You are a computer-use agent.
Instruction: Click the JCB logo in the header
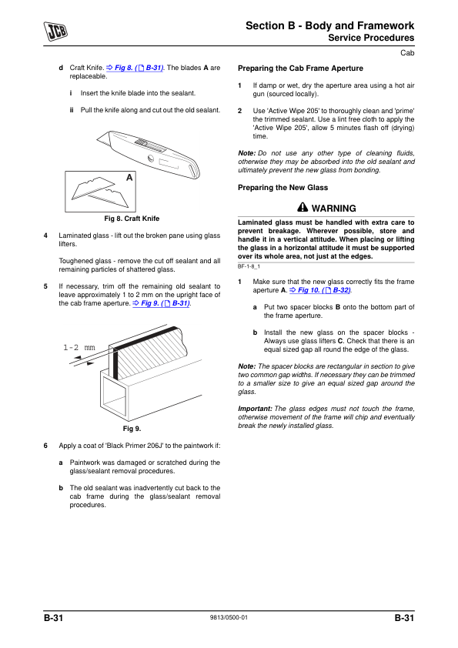[55, 32]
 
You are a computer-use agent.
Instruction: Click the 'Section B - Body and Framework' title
[330, 25]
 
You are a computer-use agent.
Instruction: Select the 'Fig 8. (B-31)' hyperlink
[135, 68]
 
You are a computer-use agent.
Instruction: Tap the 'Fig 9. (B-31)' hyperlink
[161, 303]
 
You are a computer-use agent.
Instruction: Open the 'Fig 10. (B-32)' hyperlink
[320, 290]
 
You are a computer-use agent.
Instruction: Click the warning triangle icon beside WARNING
[303, 207]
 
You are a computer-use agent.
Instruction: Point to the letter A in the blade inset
[129, 178]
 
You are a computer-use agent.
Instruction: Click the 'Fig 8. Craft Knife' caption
[132, 219]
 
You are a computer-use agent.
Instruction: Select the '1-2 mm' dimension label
[79, 348]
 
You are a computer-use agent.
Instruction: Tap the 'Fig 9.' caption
[132, 429]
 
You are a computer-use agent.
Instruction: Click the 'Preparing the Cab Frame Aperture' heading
[300, 68]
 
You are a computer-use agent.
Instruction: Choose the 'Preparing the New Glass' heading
[282, 188]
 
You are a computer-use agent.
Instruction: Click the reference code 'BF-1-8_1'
[249, 266]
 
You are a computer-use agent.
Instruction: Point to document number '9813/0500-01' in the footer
[229, 617]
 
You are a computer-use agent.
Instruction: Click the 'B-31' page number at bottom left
[53, 618]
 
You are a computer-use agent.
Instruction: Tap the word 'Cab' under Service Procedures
[407, 53]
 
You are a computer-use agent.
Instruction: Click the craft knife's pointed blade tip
[98, 141]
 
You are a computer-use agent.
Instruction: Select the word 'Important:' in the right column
[255, 409]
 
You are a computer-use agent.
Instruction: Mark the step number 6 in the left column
[45, 446]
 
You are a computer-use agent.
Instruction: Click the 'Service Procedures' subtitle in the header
[371, 38]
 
